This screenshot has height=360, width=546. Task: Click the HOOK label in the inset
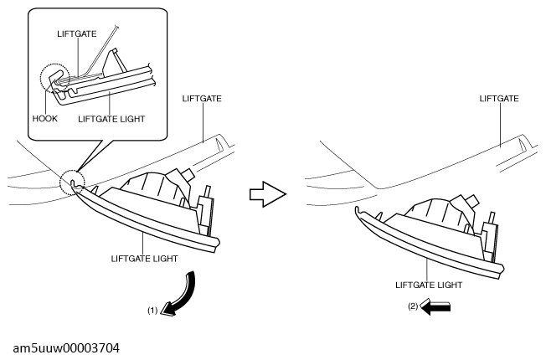click(x=45, y=119)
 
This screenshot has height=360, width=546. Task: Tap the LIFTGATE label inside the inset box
click(x=76, y=34)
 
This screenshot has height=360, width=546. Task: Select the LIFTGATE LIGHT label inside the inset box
click(x=111, y=119)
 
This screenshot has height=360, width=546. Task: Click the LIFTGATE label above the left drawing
click(x=202, y=99)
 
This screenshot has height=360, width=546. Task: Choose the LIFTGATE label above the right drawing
click(x=499, y=99)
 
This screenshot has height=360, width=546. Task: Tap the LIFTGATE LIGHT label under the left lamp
click(x=145, y=259)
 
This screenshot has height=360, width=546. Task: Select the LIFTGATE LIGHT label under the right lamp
click(x=429, y=285)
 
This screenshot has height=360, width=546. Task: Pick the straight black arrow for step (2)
click(x=435, y=306)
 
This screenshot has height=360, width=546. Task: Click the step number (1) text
click(x=152, y=311)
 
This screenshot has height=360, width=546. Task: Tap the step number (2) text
click(x=413, y=306)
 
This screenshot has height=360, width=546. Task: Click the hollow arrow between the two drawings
click(x=268, y=194)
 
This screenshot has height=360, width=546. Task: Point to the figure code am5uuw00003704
click(x=66, y=348)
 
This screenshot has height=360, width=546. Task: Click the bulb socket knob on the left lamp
click(x=188, y=172)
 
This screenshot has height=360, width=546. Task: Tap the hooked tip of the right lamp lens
click(x=357, y=210)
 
